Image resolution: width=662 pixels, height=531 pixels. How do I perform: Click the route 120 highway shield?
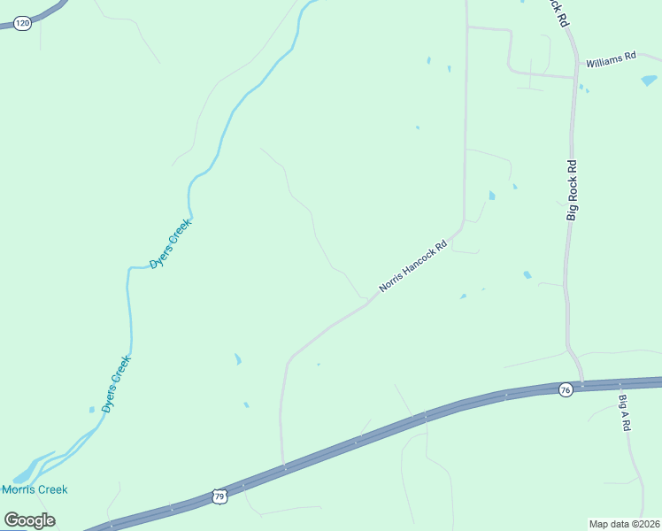pos(23,24)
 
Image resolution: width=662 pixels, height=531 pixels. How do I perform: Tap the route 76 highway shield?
pos(566,389)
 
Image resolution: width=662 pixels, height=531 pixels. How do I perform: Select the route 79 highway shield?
pos(220,497)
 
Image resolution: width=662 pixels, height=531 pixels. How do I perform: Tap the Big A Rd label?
pos(624,412)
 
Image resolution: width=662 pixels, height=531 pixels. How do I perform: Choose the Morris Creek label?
pos(35,489)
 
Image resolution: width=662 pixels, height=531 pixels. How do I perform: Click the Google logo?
pos(29,519)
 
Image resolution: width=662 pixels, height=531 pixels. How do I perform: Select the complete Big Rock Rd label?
pos(573,189)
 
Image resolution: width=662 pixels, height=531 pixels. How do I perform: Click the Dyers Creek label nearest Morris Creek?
pos(116,384)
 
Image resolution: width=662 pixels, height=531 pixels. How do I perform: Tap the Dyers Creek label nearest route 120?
pos(170,244)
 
